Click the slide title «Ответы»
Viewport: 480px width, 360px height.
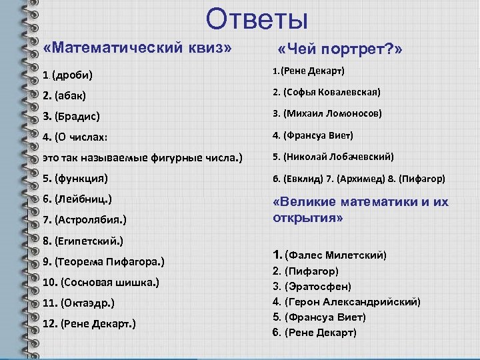(257, 19)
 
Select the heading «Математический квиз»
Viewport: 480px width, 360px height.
(137, 49)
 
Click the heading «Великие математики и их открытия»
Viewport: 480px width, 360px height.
(361, 210)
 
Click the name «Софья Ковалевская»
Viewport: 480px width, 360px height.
(332, 92)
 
